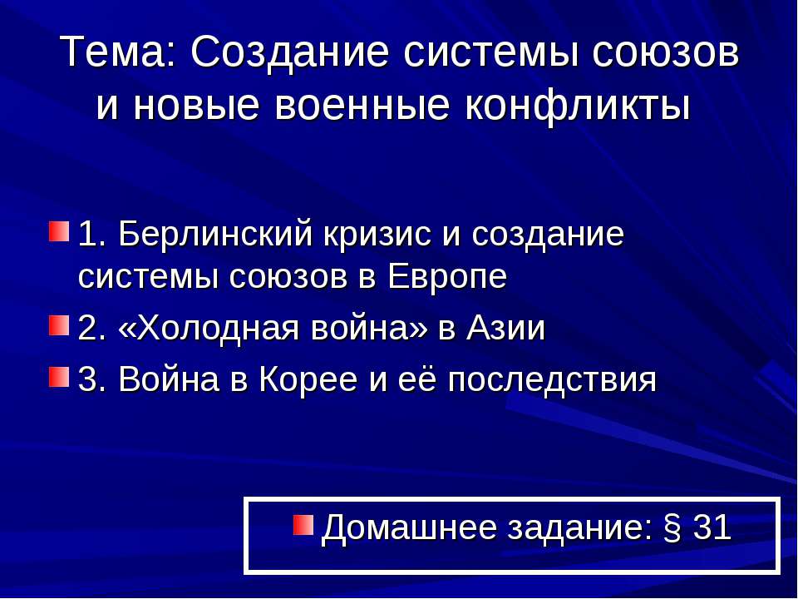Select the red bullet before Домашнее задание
coord(303,524)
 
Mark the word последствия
coord(552,380)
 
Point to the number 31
coord(712,527)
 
